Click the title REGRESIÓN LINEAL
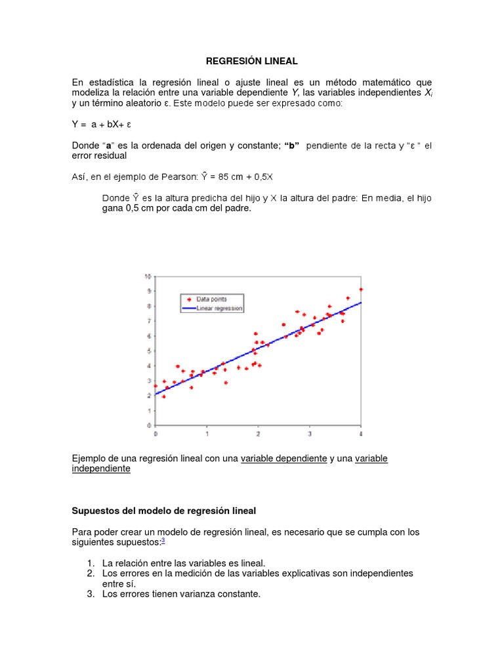252,61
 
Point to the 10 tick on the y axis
148,276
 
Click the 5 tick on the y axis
150,351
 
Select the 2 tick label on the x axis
258,434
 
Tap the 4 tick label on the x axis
361,434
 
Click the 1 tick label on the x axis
207,434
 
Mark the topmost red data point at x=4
361,289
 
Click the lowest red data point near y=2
163,396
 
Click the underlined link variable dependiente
283,458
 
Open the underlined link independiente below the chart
101,469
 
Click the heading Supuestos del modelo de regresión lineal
163,511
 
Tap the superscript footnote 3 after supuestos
163,540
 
